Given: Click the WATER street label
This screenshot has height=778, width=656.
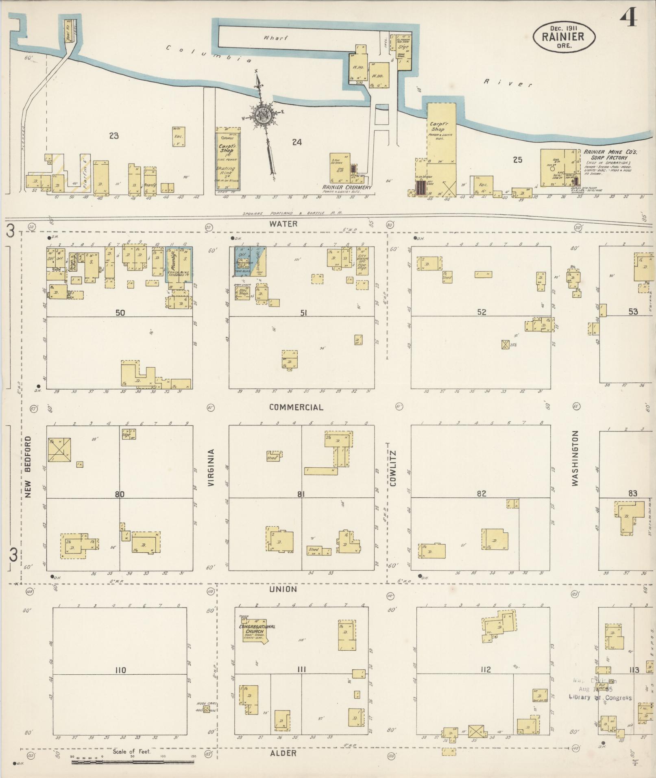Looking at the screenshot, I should (x=283, y=224).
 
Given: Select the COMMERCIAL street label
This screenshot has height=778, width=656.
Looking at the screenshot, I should (x=296, y=407).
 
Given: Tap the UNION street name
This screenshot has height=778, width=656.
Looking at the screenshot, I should (x=283, y=589).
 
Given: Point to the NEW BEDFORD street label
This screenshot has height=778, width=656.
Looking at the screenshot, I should (x=28, y=467).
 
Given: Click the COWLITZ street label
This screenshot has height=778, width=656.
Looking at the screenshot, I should (x=392, y=467).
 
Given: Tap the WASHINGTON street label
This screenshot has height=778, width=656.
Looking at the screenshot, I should (x=575, y=459).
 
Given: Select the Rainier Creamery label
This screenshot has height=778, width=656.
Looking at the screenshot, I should (x=347, y=187).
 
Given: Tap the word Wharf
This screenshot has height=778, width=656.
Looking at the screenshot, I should (x=275, y=38).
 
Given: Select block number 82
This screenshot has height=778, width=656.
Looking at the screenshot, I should (x=482, y=494).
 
